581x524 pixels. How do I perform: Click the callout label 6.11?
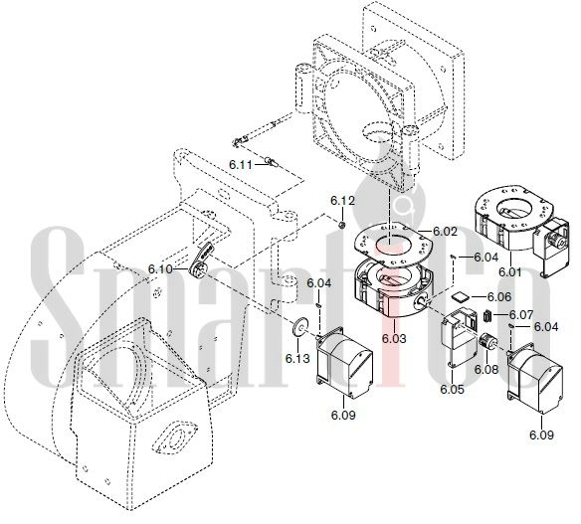point(240,164)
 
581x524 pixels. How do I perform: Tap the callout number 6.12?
point(342,201)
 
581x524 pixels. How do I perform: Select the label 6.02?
point(445,232)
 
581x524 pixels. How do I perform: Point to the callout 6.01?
point(509,272)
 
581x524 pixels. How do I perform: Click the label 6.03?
point(394,338)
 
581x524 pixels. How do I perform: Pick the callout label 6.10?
point(160,268)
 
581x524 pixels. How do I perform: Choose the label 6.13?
point(297,359)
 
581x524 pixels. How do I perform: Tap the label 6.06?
point(499,297)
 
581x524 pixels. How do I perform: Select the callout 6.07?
point(521,315)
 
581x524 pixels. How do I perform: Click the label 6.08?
point(486,369)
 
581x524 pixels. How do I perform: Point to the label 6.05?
point(452,389)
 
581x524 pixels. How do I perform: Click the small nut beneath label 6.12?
point(342,225)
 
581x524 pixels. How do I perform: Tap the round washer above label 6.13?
point(299,326)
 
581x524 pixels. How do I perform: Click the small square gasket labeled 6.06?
point(461,297)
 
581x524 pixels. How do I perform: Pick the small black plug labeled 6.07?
point(487,316)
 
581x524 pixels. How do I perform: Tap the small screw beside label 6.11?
point(271,162)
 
